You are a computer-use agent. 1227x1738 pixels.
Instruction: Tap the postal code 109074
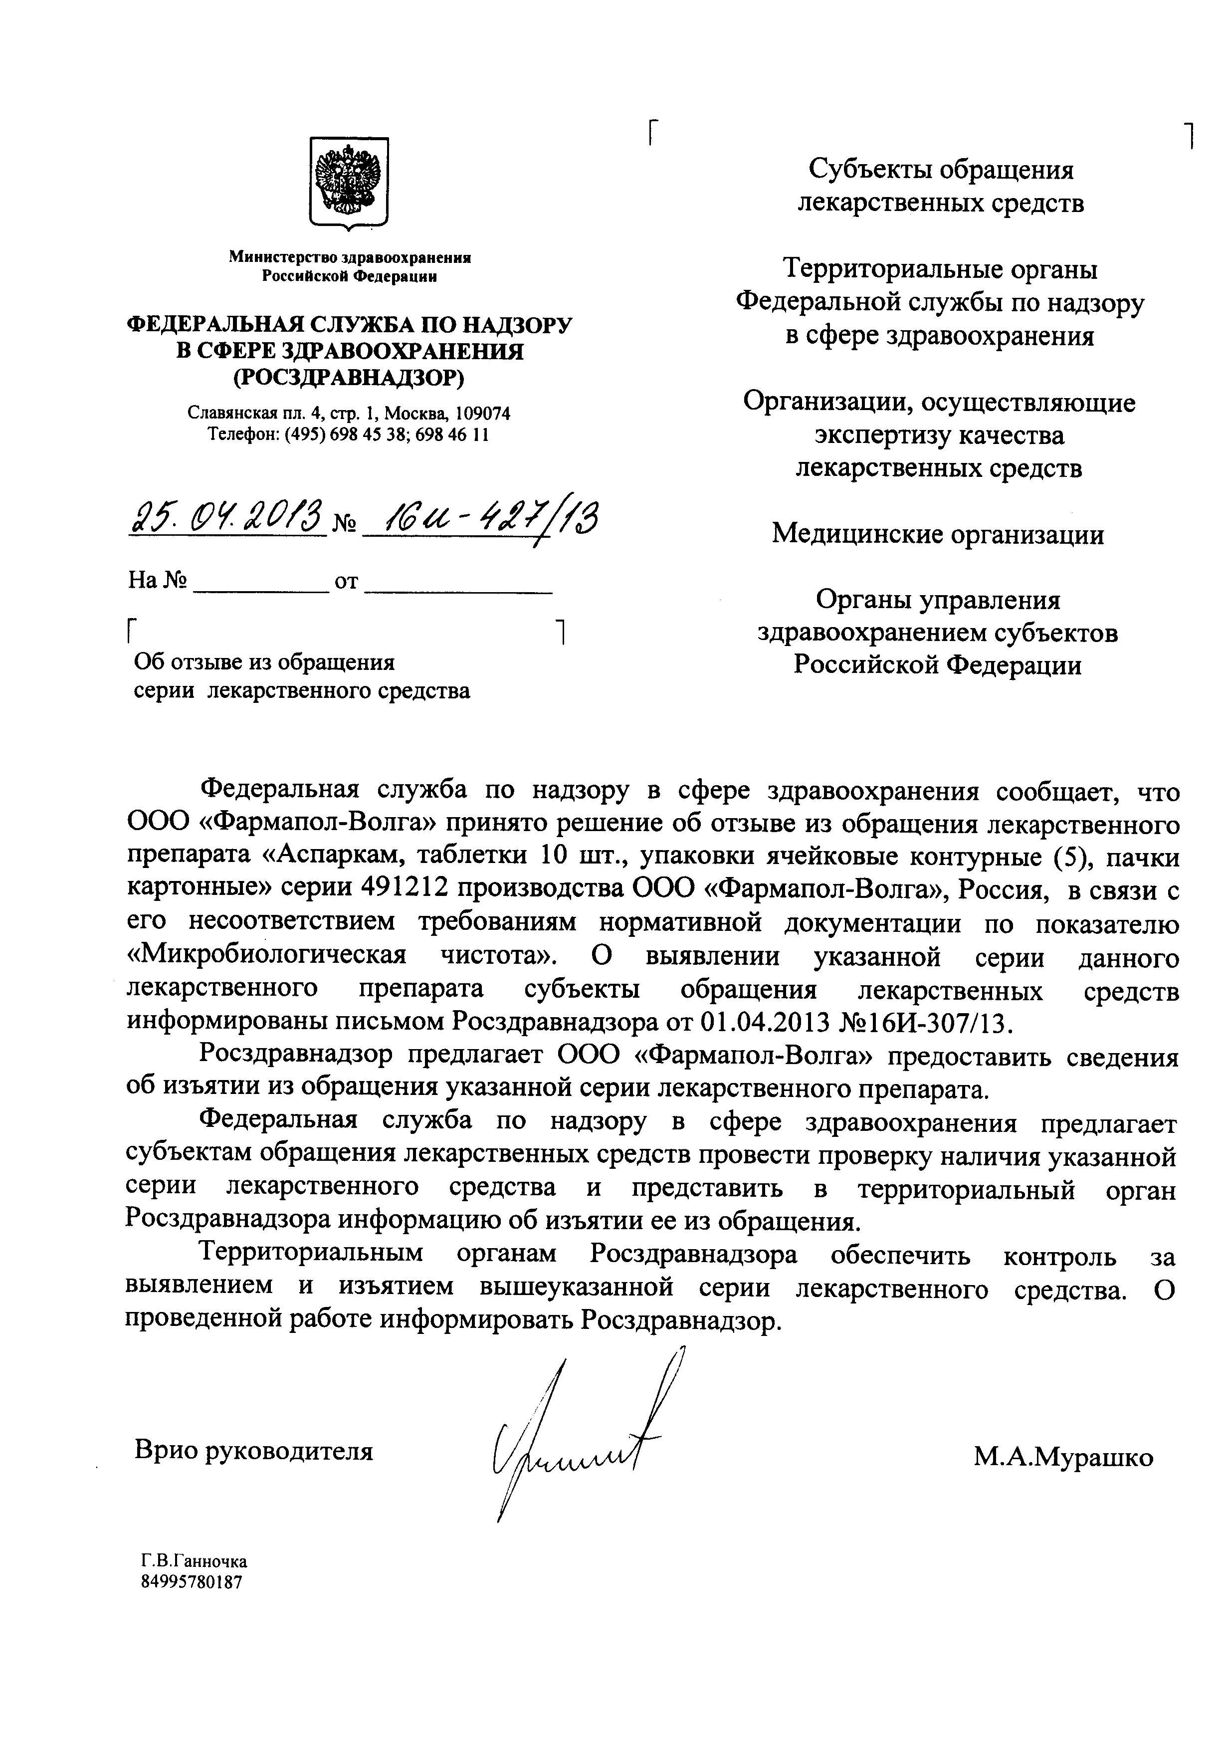click(481, 414)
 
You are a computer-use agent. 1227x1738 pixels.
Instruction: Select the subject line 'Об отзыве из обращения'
click(264, 663)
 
